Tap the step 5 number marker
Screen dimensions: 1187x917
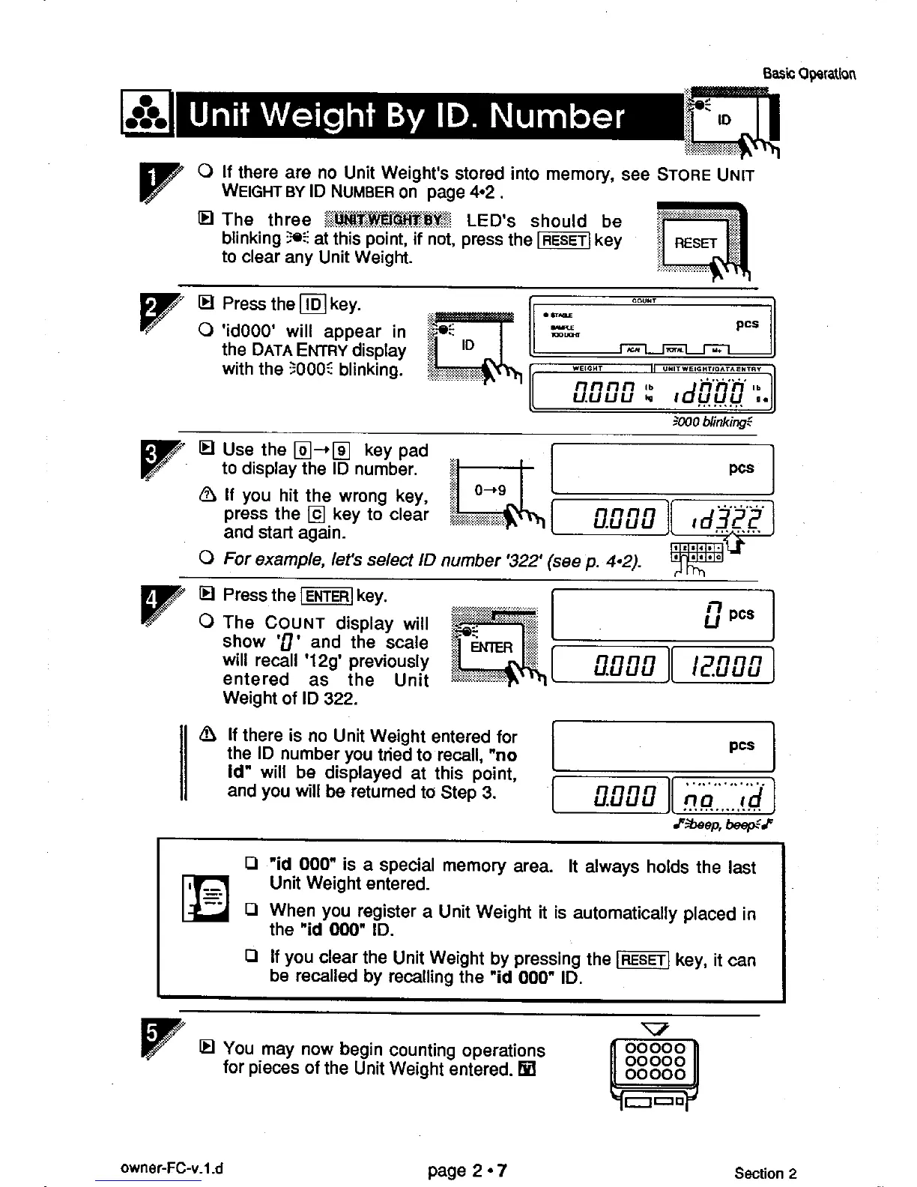tap(153, 1038)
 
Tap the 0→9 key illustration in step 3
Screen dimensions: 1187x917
tap(491, 491)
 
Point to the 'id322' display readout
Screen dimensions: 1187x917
tap(723, 518)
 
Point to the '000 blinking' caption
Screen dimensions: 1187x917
tap(712, 422)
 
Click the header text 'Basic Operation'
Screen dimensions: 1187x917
tap(809, 73)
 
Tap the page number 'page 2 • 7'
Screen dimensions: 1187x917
tap(467, 1170)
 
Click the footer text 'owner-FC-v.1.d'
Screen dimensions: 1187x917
tap(172, 1168)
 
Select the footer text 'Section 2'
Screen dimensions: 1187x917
tap(765, 1174)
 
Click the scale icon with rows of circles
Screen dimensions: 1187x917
tap(653, 1061)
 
